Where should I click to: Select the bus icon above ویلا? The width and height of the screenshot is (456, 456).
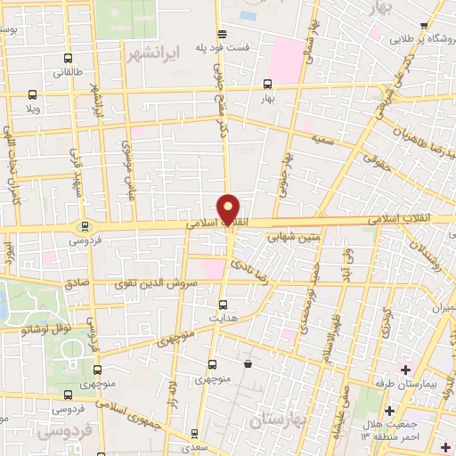(x=33, y=94)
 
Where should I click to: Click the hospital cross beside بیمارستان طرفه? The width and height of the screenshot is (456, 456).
(x=406, y=370)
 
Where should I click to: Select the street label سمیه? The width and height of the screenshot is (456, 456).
(x=322, y=141)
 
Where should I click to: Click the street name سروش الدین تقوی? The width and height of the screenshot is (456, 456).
(x=151, y=283)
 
